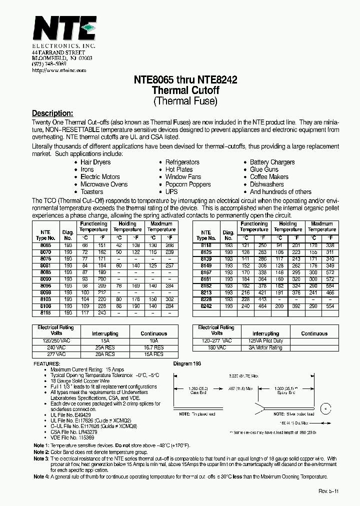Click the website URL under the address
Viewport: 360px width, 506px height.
[x=59, y=70]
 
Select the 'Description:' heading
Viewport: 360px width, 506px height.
[x=52, y=113]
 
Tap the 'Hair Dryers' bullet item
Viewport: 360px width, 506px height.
[x=95, y=162]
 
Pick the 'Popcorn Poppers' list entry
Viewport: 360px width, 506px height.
[x=188, y=184]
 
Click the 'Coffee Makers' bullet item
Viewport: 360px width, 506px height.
[x=269, y=177]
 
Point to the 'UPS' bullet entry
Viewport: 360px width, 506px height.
[x=171, y=191]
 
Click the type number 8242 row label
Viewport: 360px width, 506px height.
[x=206, y=305]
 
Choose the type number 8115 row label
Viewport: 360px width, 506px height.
[x=45, y=312]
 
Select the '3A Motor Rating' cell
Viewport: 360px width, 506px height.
[x=265, y=347]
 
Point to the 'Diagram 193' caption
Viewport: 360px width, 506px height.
[x=187, y=363]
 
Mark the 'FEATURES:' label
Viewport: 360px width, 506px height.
[x=47, y=363]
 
